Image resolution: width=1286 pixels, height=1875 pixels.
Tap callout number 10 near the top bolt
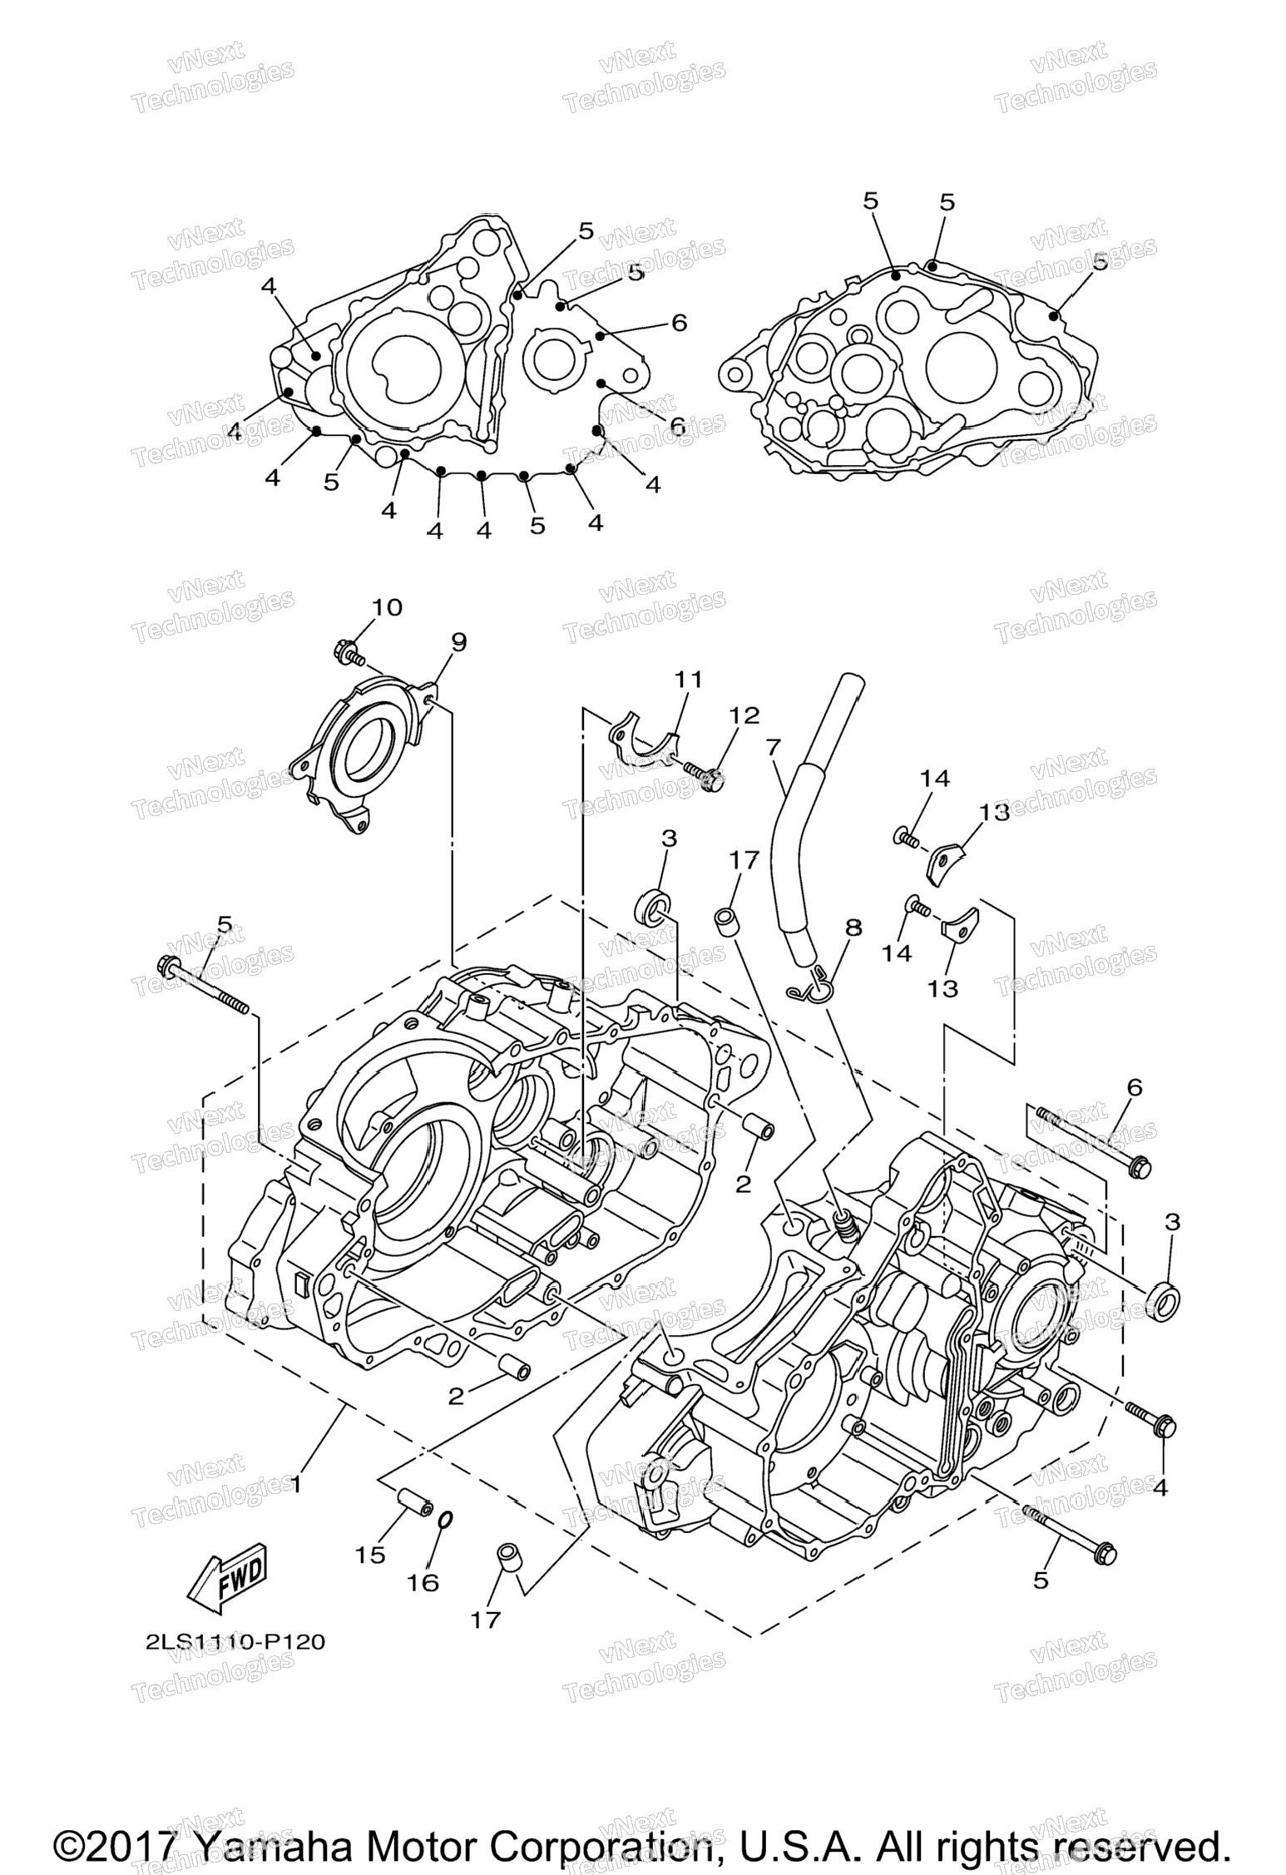pyautogui.click(x=386, y=607)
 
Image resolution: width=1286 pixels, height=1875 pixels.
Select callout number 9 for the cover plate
pyautogui.click(x=459, y=641)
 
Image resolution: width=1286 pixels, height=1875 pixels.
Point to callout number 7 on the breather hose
pyautogui.click(x=774, y=747)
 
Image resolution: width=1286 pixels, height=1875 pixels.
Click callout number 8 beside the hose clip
pyautogui.click(x=854, y=927)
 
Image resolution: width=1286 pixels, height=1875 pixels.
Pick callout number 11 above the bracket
pyautogui.click(x=689, y=680)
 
